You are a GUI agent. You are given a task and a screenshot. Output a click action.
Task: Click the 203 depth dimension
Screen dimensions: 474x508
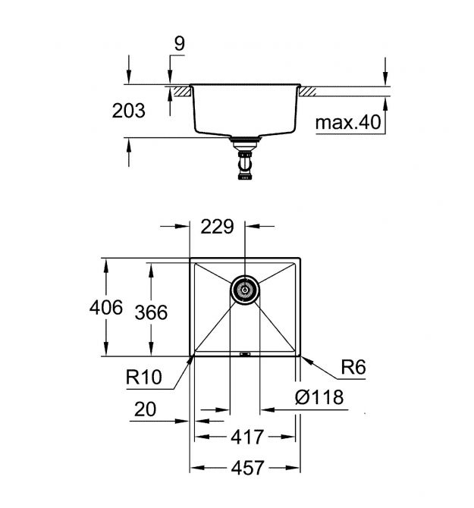129,111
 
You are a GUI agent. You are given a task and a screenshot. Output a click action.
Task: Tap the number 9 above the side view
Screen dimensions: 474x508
180,44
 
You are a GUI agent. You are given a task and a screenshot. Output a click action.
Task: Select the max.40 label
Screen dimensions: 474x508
348,123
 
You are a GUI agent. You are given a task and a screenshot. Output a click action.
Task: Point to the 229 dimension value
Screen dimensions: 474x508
217,227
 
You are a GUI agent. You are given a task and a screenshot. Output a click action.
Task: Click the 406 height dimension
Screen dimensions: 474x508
106,307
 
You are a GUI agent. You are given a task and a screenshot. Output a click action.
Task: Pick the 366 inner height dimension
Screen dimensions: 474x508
151,312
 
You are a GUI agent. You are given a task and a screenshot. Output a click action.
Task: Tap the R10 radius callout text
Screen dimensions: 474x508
143,377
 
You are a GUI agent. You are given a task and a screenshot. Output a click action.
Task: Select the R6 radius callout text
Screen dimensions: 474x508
353,367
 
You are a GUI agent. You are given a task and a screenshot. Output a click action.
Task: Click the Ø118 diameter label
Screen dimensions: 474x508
319,397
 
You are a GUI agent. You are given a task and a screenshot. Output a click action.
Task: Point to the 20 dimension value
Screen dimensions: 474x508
145,409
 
